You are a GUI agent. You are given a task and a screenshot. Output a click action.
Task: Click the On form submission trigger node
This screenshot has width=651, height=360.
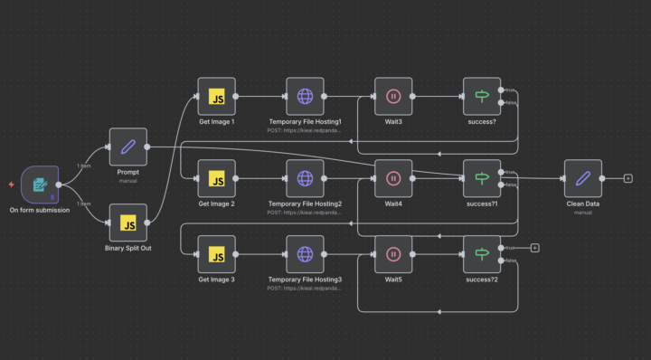point(39,185)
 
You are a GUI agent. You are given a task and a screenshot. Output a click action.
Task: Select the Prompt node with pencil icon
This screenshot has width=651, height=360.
point(127,147)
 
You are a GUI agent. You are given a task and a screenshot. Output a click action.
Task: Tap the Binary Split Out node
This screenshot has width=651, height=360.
point(127,223)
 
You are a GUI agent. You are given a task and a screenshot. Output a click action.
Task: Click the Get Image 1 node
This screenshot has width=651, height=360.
point(216,96)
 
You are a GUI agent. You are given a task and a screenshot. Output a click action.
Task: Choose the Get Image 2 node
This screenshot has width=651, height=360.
point(216,178)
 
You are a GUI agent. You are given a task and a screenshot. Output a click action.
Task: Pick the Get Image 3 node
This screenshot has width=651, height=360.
point(216,254)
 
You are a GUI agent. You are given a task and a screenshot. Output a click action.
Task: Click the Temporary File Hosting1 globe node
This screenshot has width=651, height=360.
point(305,96)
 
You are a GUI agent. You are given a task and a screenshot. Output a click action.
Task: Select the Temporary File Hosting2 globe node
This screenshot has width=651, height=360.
point(305,178)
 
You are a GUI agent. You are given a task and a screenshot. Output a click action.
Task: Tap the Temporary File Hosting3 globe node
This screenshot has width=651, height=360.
point(305,254)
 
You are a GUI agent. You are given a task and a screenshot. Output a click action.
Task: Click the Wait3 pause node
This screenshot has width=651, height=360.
point(393,96)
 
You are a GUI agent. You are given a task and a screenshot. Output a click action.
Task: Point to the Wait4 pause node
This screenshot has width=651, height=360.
point(393,178)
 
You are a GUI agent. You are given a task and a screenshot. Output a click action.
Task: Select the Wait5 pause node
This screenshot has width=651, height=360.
point(393,254)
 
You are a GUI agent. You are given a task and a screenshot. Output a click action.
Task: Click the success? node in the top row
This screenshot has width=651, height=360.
point(481,96)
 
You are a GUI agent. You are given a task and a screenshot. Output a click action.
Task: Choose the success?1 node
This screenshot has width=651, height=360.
point(481,178)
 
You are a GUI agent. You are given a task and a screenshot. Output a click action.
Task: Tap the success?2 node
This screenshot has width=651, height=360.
point(481,254)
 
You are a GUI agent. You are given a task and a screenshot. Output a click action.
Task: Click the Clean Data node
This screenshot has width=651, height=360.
point(582,178)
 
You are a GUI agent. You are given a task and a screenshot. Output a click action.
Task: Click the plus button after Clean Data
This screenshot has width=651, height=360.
point(627,178)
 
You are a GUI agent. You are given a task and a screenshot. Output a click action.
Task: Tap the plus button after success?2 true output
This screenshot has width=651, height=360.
point(534,247)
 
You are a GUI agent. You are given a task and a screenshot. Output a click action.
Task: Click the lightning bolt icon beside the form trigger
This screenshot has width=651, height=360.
point(11,185)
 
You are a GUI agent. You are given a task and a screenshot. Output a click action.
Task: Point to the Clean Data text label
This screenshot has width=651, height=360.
point(582,204)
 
